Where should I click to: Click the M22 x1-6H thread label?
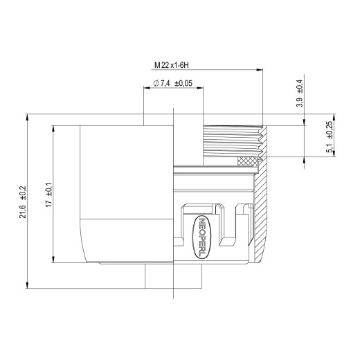[x=172, y=65]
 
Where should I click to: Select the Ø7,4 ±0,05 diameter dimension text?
[x=173, y=83]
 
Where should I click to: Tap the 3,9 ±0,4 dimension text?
[x=300, y=93]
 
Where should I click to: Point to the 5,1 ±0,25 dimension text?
[x=330, y=136]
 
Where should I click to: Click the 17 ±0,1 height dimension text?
[x=49, y=195]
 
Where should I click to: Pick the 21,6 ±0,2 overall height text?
[x=23, y=202]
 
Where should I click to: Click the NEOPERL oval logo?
[x=201, y=237]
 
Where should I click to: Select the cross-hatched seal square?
[x=247, y=161]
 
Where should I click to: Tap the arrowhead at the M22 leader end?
[x=260, y=69]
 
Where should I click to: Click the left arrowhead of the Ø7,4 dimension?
[x=147, y=88]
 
